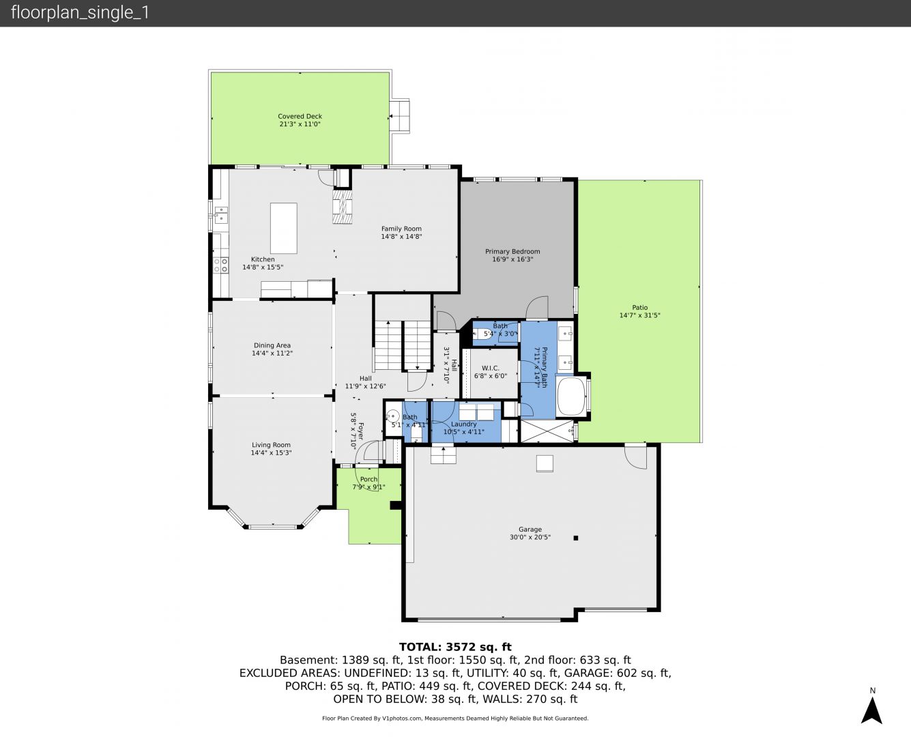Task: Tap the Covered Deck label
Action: pos(300,116)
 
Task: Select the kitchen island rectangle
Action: pos(284,229)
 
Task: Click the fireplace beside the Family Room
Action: pos(343,207)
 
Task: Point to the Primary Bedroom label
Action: pos(512,252)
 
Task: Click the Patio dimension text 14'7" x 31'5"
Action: pos(640,315)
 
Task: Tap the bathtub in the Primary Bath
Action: pos(571,396)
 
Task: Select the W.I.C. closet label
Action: pos(490,368)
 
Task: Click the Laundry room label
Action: pos(463,424)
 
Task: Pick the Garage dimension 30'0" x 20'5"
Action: pos(530,537)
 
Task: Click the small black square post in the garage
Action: pos(576,538)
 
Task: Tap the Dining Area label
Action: pos(272,345)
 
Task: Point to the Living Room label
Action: pos(271,445)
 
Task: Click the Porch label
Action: pos(368,479)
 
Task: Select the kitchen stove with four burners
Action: pos(220,265)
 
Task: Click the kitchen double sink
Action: pos(221,215)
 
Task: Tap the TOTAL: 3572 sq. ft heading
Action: pos(455,647)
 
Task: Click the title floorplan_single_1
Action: pos(80,13)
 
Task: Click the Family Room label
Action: pos(401,229)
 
